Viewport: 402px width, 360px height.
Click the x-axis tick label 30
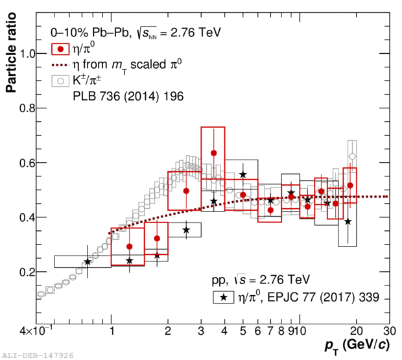click(x=389, y=329)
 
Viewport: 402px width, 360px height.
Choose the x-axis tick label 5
click(x=243, y=329)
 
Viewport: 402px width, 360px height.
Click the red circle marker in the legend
click(x=60, y=49)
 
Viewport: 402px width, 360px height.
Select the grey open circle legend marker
click(x=60, y=82)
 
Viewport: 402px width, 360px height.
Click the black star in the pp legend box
click(x=224, y=298)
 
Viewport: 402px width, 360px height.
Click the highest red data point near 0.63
click(x=213, y=153)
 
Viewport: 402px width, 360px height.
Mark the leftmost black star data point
click(x=88, y=261)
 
